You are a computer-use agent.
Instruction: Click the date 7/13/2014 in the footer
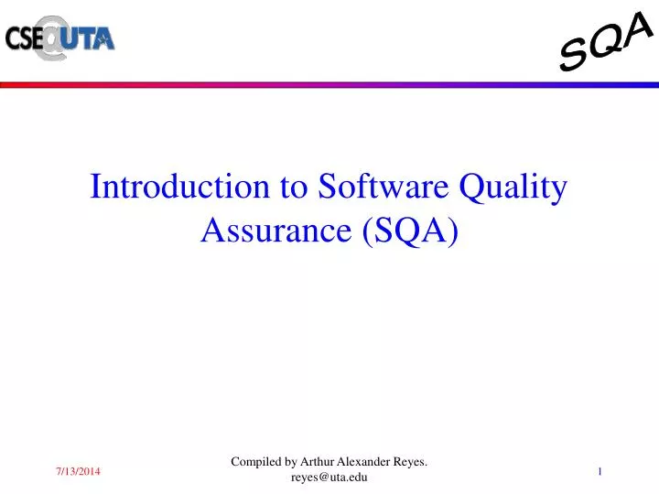click(x=76, y=470)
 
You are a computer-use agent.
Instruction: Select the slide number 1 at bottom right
click(x=600, y=470)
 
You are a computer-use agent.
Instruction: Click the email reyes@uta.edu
click(x=329, y=478)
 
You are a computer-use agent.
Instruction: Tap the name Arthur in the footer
click(x=319, y=463)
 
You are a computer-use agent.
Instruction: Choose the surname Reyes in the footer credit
click(x=412, y=463)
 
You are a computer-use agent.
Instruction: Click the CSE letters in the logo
click(x=24, y=38)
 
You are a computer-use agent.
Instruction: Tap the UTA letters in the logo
click(x=90, y=38)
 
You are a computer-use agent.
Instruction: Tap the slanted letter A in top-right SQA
click(x=638, y=30)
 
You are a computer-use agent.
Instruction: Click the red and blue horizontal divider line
click(x=329, y=84)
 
